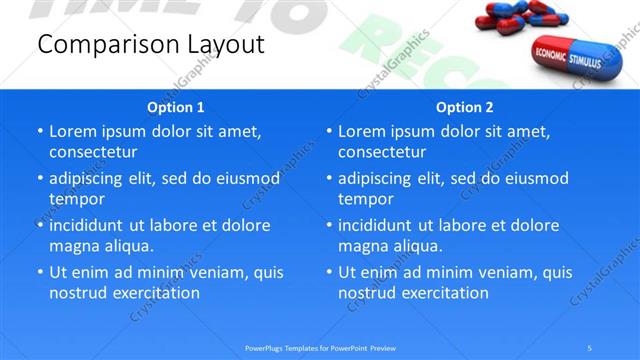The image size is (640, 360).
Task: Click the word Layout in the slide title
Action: (x=227, y=45)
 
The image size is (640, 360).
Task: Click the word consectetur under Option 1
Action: (x=93, y=152)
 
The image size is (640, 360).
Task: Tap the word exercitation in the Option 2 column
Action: (x=444, y=293)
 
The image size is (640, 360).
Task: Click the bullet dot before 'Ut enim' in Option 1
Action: (x=39, y=272)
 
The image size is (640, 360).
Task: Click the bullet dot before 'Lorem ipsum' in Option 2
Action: (x=328, y=131)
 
